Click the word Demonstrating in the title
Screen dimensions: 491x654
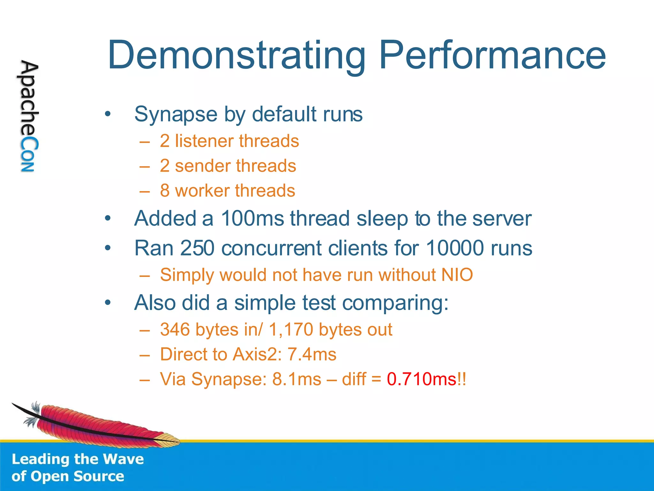click(x=236, y=55)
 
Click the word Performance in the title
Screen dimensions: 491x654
click(x=492, y=55)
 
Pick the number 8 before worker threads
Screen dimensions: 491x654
click(x=165, y=191)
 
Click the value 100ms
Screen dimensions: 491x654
click(x=252, y=219)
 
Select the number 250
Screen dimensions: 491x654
click(x=197, y=248)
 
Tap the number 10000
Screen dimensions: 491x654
click(x=454, y=248)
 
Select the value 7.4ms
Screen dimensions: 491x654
click(x=312, y=355)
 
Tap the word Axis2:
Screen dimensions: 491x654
click(x=257, y=355)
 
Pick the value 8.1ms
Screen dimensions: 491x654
click(x=297, y=379)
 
